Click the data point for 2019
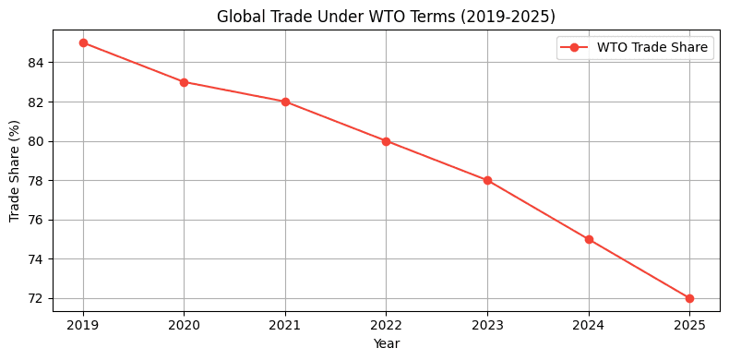[x=83, y=42]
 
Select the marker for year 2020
[x=184, y=82]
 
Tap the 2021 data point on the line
[x=285, y=102]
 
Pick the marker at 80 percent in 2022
[x=386, y=141]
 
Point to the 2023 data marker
[x=487, y=180]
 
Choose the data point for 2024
[x=589, y=239]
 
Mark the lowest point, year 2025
[x=689, y=298]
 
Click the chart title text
[x=386, y=17]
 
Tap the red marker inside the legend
[x=574, y=48]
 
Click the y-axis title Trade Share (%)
[x=16, y=171]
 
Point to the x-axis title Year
[x=386, y=343]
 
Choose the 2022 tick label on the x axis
[x=386, y=324]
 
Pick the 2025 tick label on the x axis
[x=689, y=324]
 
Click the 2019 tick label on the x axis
[x=83, y=324]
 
